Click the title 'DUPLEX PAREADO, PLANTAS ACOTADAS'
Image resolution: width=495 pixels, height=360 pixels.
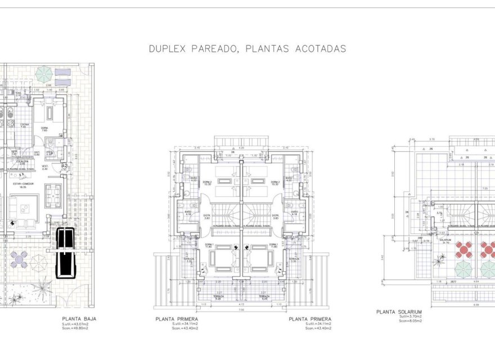tap(247, 49)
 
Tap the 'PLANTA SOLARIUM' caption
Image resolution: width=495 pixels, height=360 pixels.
tap(399, 311)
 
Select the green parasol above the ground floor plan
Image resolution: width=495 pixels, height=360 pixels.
tap(44, 73)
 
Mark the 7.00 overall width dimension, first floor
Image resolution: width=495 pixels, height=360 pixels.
tap(241, 310)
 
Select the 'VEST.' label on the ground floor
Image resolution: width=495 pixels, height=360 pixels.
tap(45, 166)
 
